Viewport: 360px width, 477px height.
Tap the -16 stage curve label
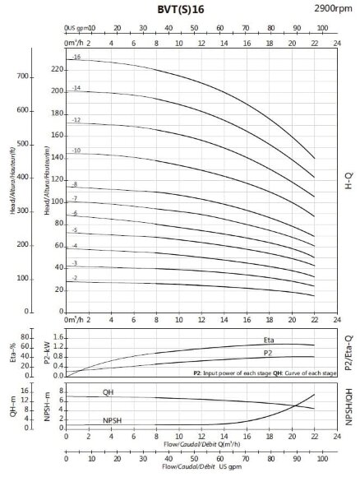[76, 57]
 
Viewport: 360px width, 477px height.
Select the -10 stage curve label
[76, 151]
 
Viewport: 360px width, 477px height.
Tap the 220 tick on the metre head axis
[57, 69]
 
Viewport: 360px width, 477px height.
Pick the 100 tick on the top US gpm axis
[322, 27]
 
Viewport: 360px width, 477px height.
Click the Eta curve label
[269, 340]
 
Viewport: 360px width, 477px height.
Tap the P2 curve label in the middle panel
[268, 353]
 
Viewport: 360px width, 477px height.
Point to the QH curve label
[108, 392]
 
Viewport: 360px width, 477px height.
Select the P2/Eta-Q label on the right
[348, 352]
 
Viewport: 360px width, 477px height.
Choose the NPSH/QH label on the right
[348, 405]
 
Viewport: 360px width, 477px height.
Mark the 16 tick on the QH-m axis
[25, 391]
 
